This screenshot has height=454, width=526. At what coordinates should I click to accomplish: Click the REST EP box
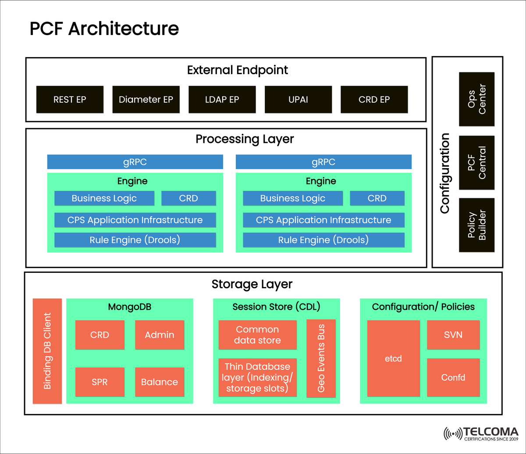tap(70, 100)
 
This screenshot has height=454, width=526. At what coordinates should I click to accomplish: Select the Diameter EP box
tap(146, 100)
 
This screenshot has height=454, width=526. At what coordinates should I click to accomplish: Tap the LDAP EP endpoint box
tap(222, 100)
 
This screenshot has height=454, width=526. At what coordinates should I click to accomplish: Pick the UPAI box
tap(298, 100)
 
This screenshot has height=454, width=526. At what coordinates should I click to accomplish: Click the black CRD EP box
tap(374, 100)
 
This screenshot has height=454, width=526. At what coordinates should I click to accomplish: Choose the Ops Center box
tap(476, 99)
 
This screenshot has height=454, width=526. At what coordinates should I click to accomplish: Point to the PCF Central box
tap(476, 163)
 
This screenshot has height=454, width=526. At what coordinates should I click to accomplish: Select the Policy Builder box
tap(476, 225)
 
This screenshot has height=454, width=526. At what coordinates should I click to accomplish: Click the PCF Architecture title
tap(104, 29)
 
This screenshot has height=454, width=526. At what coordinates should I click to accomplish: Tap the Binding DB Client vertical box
tap(47, 351)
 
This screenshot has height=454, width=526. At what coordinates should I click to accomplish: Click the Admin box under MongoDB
tap(160, 335)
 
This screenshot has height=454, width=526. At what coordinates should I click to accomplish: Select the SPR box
tap(100, 382)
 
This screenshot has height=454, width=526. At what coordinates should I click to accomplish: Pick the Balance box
tap(160, 382)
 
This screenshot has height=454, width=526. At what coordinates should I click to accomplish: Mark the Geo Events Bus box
tap(321, 358)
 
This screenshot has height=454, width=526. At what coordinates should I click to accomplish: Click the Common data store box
tap(257, 335)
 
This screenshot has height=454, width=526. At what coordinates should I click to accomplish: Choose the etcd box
tap(393, 358)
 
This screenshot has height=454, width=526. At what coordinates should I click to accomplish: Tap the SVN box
tap(453, 335)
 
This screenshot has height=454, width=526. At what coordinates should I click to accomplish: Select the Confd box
tap(453, 378)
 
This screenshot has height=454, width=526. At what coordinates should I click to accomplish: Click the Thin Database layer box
tap(257, 377)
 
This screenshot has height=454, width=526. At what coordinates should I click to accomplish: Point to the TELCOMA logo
tap(481, 433)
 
